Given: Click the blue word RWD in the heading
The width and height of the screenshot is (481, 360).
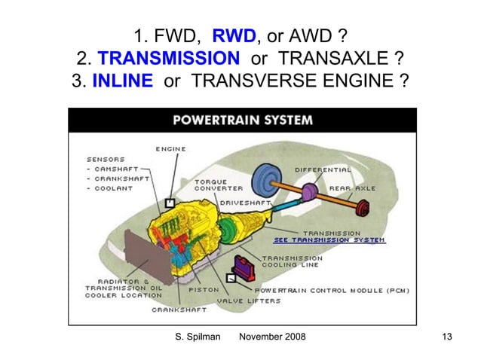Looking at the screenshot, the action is click(x=234, y=35).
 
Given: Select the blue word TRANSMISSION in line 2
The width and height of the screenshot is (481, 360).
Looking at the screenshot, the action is click(x=169, y=58).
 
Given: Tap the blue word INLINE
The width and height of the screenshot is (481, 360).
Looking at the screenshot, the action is click(x=123, y=81).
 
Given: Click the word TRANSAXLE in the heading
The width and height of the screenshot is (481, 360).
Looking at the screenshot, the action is click(x=333, y=58).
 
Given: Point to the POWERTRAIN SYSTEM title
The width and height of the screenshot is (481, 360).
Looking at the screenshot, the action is click(x=243, y=120).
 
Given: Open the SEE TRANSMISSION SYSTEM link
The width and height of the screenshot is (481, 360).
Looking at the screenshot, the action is click(x=329, y=240).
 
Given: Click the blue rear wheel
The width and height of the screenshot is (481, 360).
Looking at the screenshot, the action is click(x=266, y=182).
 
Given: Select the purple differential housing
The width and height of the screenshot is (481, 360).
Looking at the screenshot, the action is click(x=310, y=193).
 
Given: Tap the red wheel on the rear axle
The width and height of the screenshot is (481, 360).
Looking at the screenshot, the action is click(x=363, y=208).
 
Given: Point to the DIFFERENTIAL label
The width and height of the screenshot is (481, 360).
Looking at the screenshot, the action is click(x=323, y=169).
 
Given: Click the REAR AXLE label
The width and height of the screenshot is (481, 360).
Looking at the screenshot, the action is click(x=353, y=188).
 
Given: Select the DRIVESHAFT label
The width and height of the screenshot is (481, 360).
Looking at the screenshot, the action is click(x=246, y=203).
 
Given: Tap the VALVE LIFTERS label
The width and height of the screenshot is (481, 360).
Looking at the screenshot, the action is click(x=249, y=301).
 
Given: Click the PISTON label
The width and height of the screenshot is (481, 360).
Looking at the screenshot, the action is click(x=204, y=290).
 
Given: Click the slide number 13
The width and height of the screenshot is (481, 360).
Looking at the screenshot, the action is click(x=447, y=337).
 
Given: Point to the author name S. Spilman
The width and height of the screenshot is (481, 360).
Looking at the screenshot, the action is click(x=198, y=337).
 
